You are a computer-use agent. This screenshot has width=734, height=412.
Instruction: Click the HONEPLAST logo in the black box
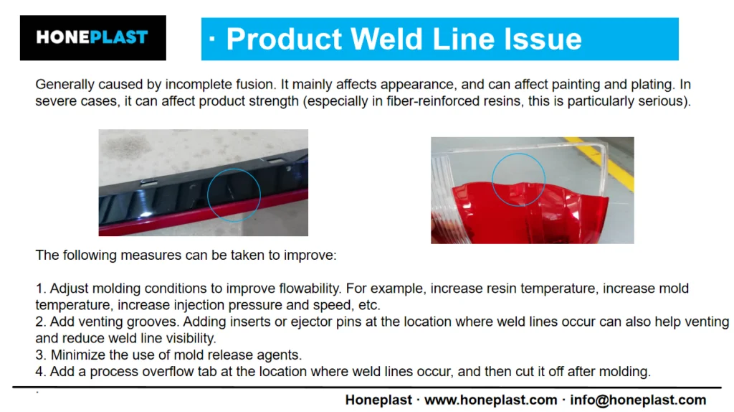coord(92,37)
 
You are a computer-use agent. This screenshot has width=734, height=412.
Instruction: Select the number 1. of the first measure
coord(41,289)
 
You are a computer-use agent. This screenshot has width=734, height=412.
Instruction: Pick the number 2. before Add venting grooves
coord(41,322)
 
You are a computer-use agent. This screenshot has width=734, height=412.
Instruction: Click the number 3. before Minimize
coord(41,355)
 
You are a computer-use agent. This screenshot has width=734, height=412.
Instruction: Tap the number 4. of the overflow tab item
coord(41,372)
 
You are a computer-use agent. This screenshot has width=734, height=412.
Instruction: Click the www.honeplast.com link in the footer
coord(490,400)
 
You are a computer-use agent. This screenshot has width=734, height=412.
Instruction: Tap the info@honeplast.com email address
coord(638,400)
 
